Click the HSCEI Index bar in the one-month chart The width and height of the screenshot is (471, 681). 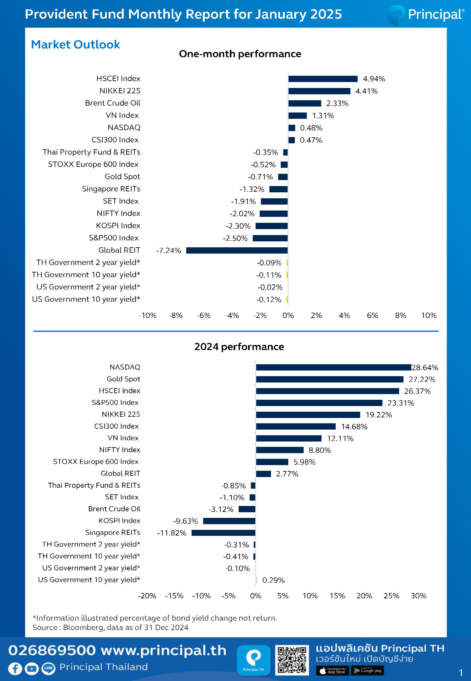pyautogui.click(x=323, y=79)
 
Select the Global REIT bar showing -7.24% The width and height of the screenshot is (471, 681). pyautogui.click(x=237, y=250)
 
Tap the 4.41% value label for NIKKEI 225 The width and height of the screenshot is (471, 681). pyautogui.click(x=366, y=91)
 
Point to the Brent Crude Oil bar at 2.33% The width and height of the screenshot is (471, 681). pyautogui.click(x=305, y=103)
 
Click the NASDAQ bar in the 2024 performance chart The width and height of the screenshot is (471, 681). pyautogui.click(x=333, y=367)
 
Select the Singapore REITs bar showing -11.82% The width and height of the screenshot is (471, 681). pyautogui.click(x=223, y=533)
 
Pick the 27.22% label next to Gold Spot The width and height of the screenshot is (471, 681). pyautogui.click(x=422, y=379)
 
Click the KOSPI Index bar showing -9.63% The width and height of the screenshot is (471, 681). pyautogui.click(x=229, y=521)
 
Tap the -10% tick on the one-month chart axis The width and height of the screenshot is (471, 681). pyautogui.click(x=148, y=316)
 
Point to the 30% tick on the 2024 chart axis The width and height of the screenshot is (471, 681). pyautogui.click(x=419, y=596)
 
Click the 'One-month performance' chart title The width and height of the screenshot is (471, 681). pyautogui.click(x=240, y=54)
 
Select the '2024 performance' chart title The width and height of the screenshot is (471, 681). pyautogui.click(x=239, y=347)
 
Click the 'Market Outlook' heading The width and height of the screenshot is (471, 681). pyautogui.click(x=75, y=45)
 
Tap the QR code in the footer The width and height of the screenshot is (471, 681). pyautogui.click(x=292, y=660)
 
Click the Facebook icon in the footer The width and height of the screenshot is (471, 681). pyautogui.click(x=15, y=669)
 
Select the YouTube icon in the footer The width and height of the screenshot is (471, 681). pyautogui.click(x=31, y=669)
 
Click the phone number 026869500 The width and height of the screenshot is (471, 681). pyautogui.click(x=52, y=651)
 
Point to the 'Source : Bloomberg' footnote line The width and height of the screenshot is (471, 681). pyautogui.click(x=111, y=628)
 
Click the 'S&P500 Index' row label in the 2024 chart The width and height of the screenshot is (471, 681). pyautogui.click(x=115, y=403)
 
